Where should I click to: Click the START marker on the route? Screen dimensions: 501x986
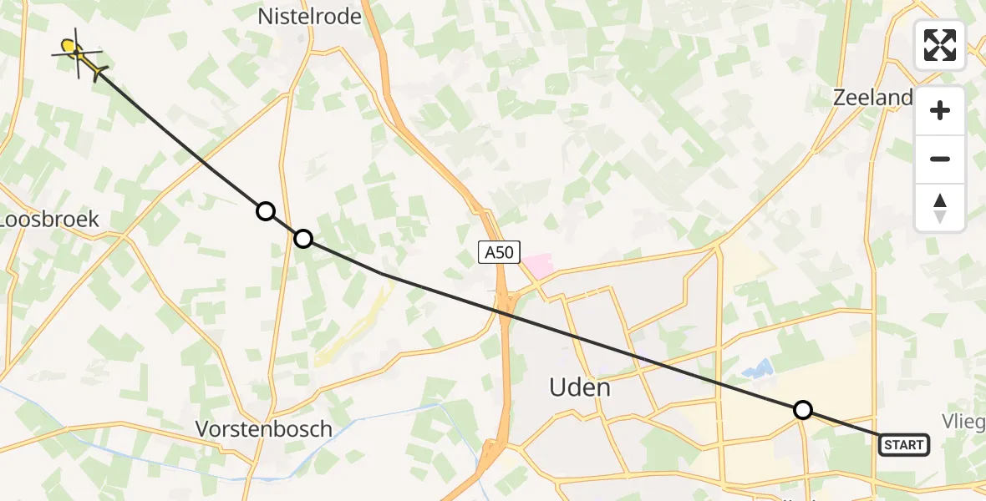pos(904,445)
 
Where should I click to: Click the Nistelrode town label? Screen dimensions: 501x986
pos(309,16)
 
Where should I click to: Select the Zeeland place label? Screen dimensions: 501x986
pos(872,98)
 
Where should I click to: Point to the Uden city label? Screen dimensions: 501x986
pos(579,387)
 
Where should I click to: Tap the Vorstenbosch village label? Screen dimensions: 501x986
pos(263,429)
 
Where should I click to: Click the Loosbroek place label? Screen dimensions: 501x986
pos(50,220)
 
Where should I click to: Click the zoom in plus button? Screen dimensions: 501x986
pos(940,110)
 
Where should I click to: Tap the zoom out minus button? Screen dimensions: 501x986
pos(940,159)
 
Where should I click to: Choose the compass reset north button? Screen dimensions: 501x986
pos(940,208)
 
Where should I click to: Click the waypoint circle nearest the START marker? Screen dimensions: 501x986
pos(802,410)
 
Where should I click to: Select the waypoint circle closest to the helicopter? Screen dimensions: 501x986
pos(266,211)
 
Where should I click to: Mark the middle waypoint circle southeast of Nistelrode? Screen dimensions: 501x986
pos(303,240)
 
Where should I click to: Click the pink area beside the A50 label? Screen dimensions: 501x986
pos(537,266)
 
